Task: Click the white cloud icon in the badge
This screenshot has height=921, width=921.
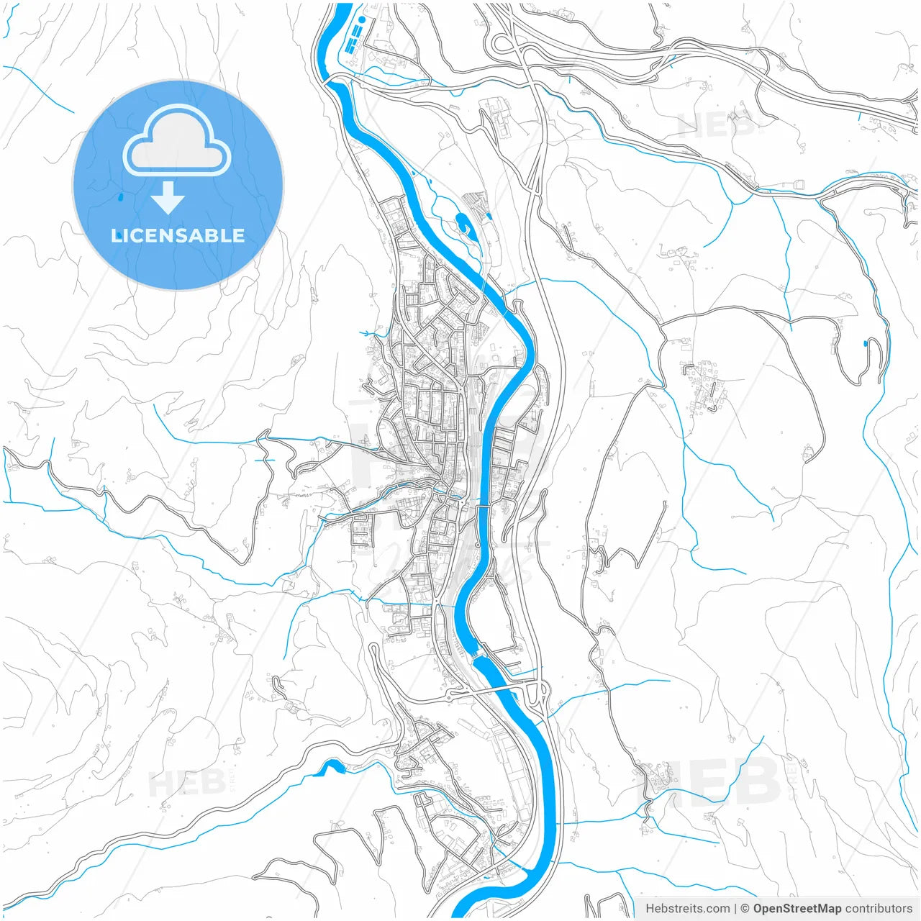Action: tap(177, 142)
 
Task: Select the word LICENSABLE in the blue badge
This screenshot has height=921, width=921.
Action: tap(178, 235)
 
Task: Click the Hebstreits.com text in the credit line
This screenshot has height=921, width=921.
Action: tap(687, 909)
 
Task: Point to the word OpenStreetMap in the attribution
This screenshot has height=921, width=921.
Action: tap(797, 909)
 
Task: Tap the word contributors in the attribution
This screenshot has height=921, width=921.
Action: tap(878, 909)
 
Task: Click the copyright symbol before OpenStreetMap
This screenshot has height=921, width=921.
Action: tap(745, 909)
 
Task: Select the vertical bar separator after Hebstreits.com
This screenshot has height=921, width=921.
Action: tap(735, 909)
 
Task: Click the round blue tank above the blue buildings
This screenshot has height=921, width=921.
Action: tap(363, 19)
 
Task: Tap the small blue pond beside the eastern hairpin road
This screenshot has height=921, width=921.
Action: tap(864, 343)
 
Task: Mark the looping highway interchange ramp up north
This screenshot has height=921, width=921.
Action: tap(502, 45)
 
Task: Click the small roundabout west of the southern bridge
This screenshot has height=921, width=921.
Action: tap(451, 695)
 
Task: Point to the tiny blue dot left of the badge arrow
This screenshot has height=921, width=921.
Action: tap(120, 196)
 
